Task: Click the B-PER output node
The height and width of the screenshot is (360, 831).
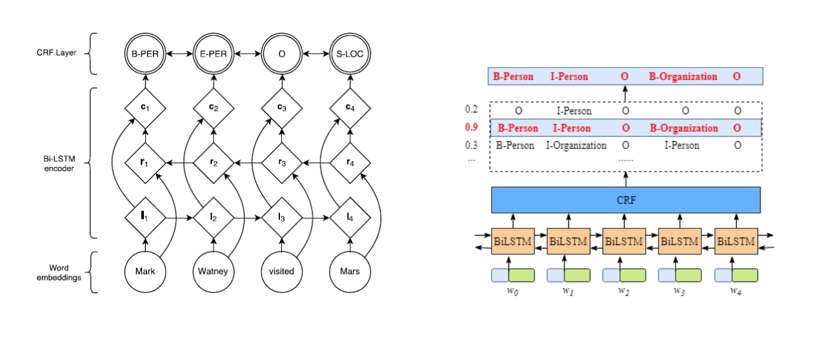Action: click(145, 54)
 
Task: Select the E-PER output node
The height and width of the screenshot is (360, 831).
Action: click(213, 54)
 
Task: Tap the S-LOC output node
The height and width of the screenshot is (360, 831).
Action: click(350, 54)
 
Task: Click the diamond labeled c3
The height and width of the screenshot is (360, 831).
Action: click(281, 106)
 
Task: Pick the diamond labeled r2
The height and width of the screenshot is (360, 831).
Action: click(213, 163)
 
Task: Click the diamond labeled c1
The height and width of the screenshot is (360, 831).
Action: click(145, 106)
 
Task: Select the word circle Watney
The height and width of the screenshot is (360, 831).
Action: click(213, 272)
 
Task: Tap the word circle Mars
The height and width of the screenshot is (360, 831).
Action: click(350, 272)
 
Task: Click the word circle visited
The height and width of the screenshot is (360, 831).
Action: click(281, 272)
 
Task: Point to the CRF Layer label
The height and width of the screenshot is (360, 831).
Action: click(57, 53)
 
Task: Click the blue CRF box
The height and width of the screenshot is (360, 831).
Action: click(626, 201)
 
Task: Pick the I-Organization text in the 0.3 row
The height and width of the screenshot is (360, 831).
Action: click(576, 146)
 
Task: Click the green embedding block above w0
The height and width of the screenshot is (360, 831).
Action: click(521, 275)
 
